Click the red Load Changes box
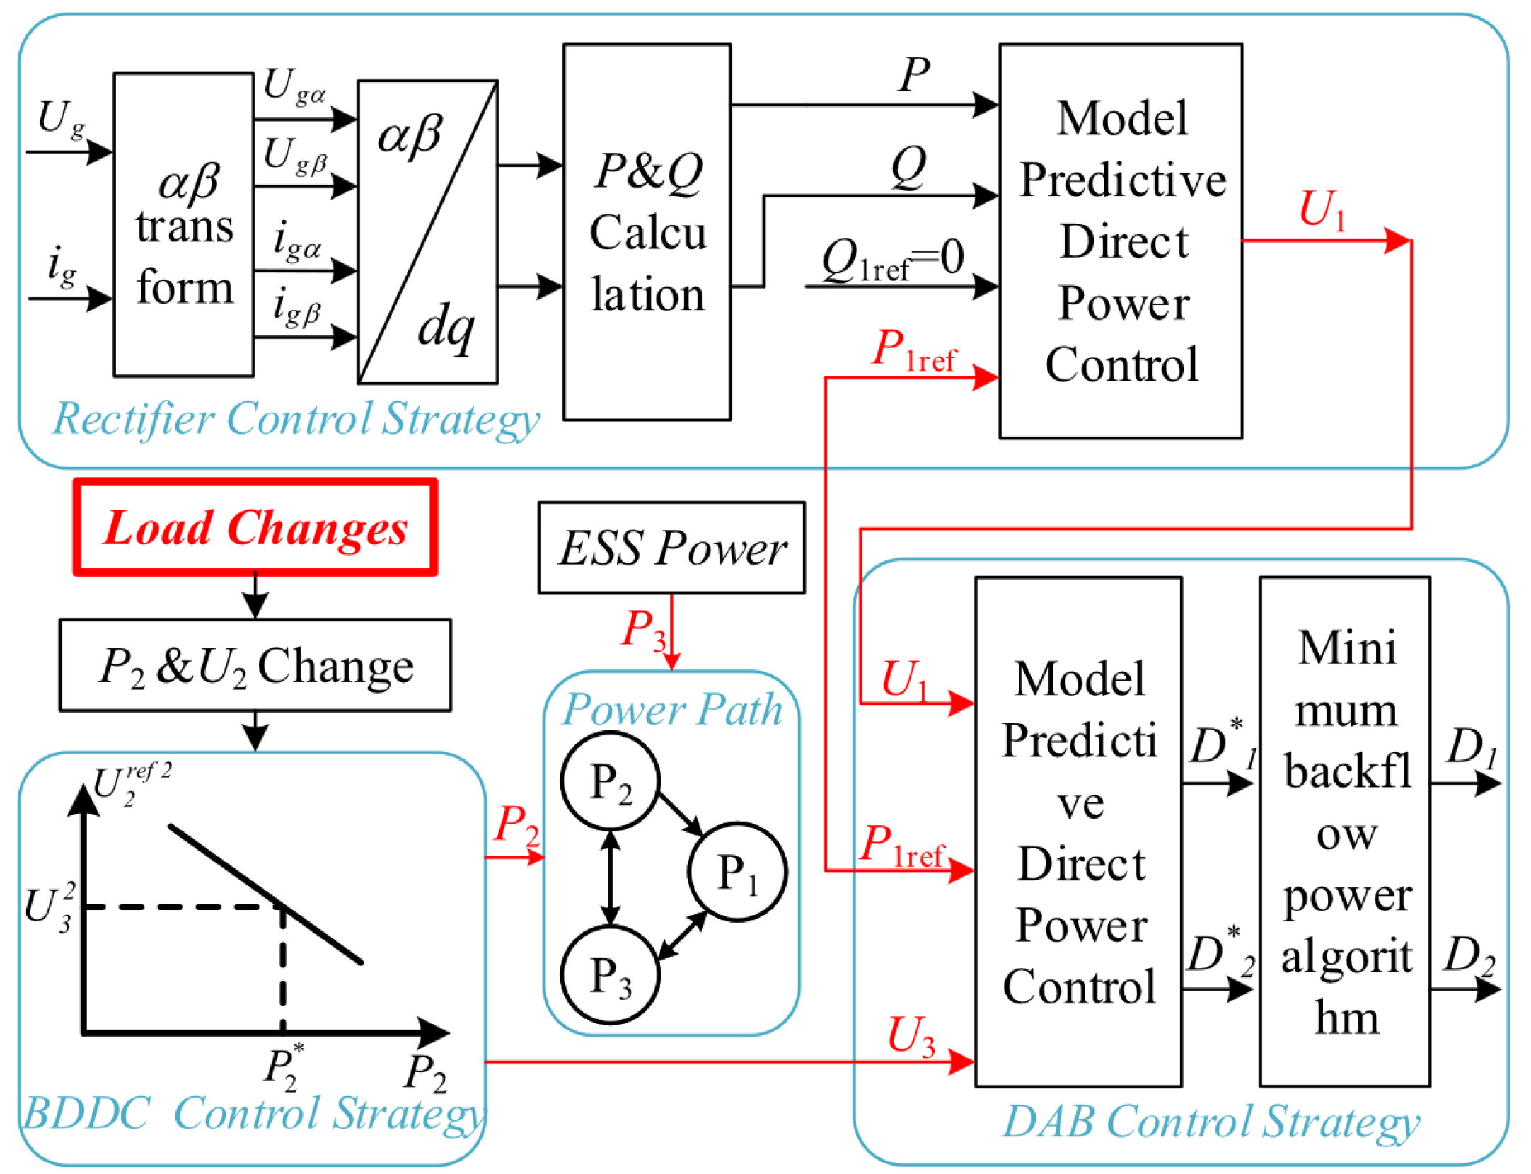coord(255,528)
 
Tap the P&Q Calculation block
coord(647,232)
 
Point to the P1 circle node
coord(737,871)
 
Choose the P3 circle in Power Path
coord(610,975)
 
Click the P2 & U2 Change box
coord(255,665)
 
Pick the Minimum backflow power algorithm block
coord(1344,831)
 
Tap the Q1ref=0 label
coord(893,259)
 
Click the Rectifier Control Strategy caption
coord(296,419)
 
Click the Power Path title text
coord(671,710)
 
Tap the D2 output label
coord(1469,955)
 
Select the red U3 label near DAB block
coord(911,1037)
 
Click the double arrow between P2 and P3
coord(610,878)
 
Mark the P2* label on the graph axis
coord(283,1069)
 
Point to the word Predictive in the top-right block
coord(1122,180)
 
